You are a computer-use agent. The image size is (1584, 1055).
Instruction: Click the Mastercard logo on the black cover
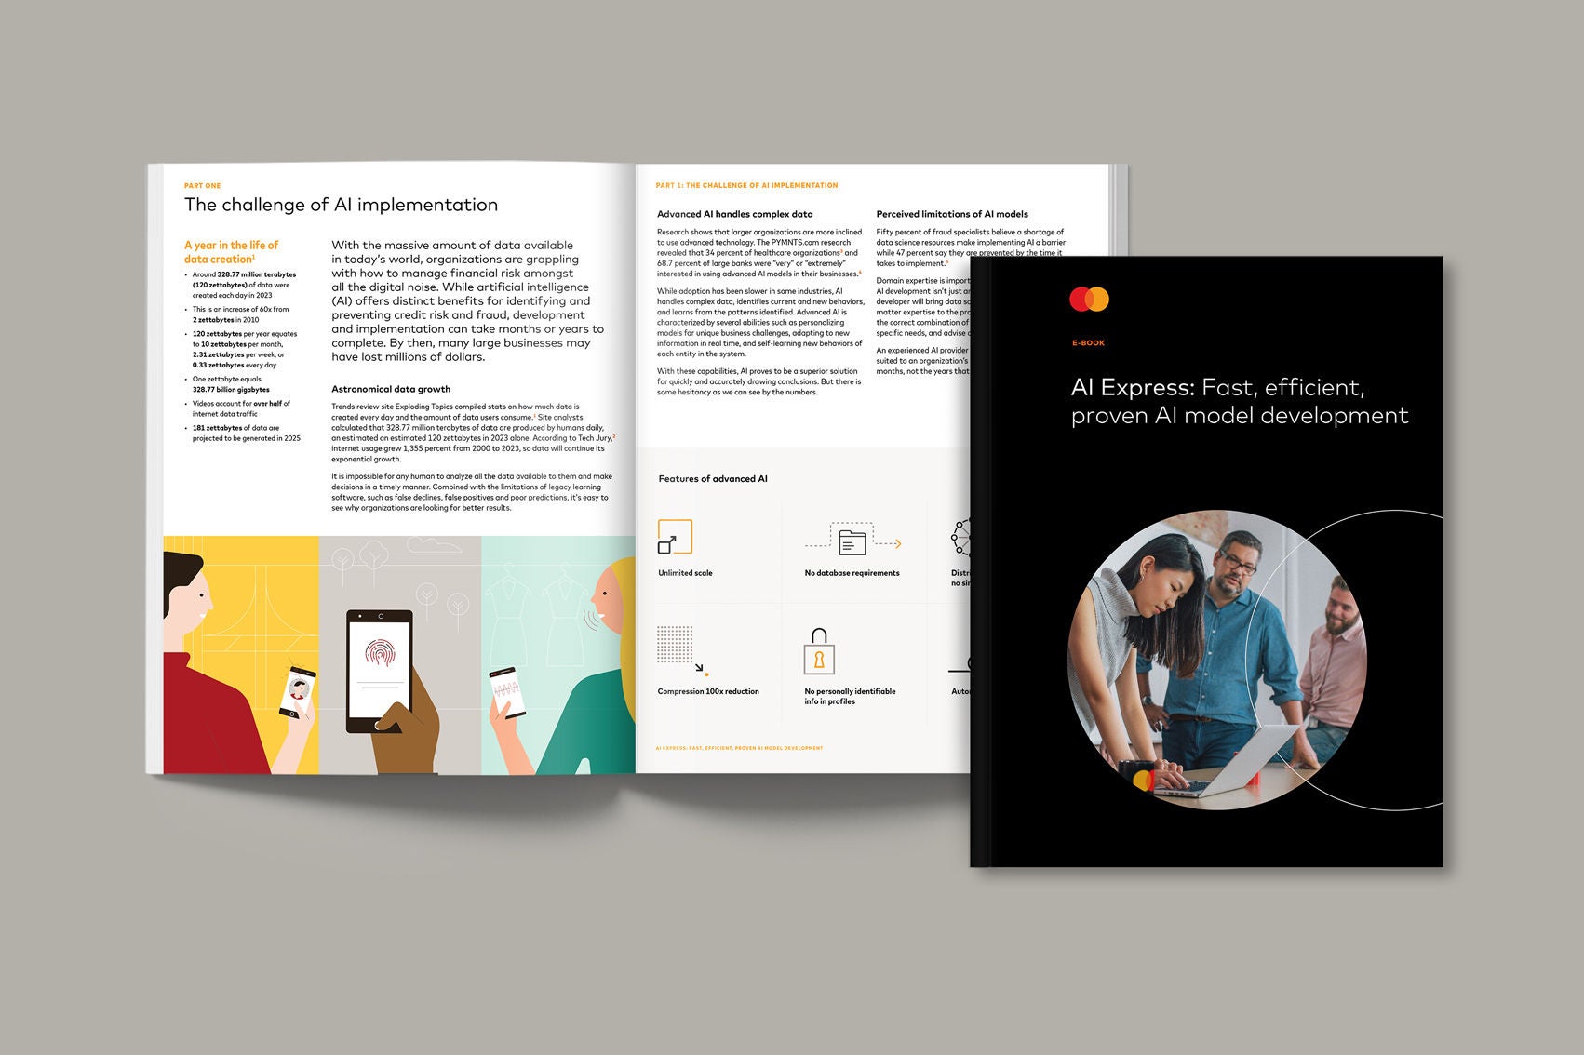[1089, 300]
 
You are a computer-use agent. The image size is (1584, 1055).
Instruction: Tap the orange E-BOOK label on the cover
[1088, 343]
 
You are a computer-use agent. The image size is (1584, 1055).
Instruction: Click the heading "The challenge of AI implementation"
[341, 205]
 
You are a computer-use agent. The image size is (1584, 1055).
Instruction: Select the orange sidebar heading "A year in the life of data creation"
[231, 252]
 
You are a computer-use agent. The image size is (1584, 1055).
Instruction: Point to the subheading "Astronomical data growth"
[391, 389]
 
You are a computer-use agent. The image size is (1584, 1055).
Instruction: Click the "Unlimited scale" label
[685, 573]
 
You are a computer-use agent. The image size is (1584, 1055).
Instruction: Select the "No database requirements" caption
[852, 573]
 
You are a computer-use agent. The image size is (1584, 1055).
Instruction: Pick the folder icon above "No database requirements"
[852, 541]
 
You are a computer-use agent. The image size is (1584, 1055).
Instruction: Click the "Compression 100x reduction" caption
[708, 691]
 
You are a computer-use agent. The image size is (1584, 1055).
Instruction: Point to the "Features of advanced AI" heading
[713, 479]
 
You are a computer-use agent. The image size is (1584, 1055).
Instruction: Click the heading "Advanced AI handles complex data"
[734, 214]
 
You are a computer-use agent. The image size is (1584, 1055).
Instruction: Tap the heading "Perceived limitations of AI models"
[952, 214]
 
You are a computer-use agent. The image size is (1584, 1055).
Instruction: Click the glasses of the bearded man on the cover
[1239, 564]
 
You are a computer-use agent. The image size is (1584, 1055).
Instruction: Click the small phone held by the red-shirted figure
[298, 691]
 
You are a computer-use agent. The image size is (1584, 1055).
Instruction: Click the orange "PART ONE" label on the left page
[202, 186]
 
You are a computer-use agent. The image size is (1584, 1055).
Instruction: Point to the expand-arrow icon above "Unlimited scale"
[674, 538]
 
